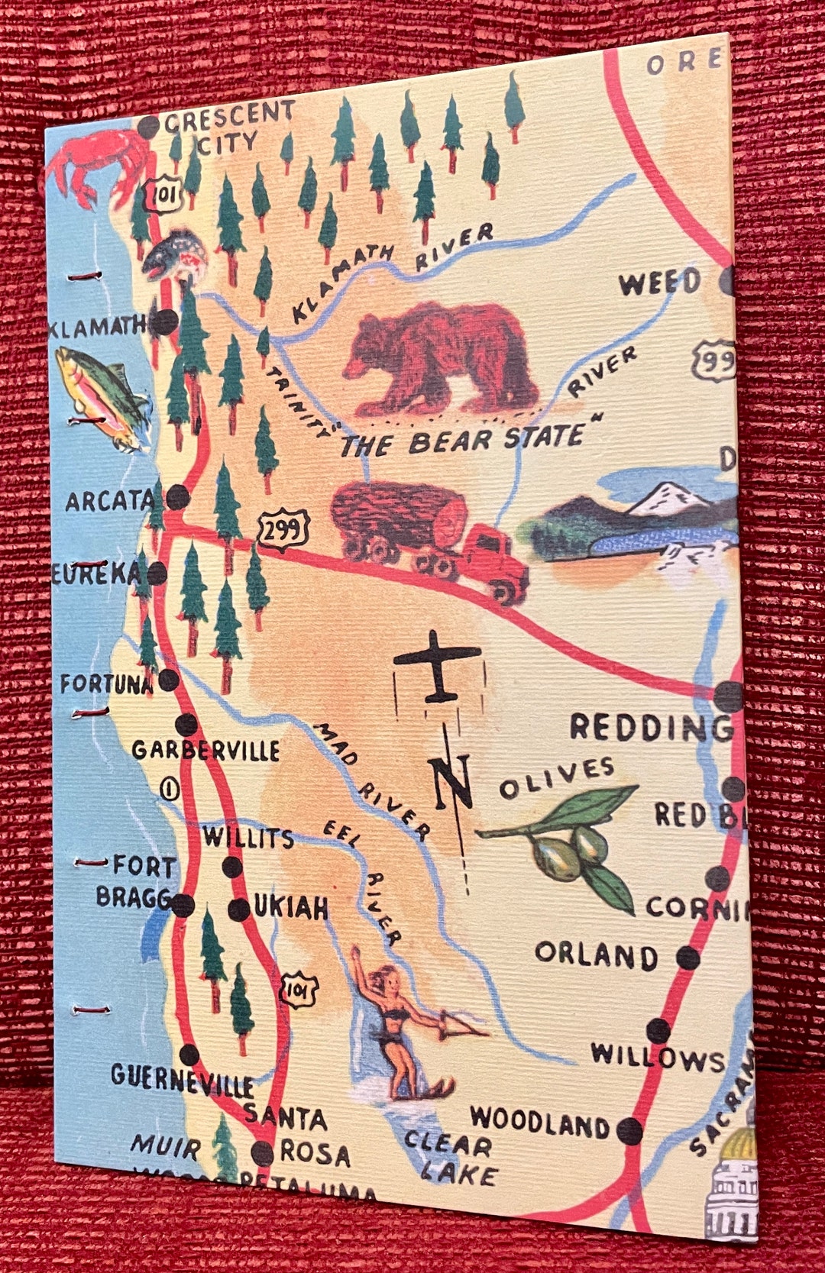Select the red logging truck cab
pos(497,561)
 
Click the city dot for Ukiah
pos(239,909)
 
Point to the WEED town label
pos(659,283)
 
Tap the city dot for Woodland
pos(629,1129)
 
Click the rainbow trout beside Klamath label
pos(103,397)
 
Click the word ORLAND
pos(596,955)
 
